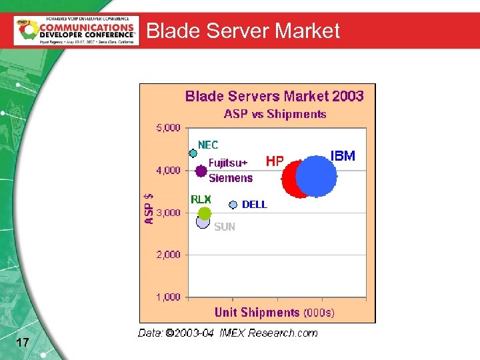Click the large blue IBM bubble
coord(317,176)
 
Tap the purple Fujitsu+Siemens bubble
coord(201,171)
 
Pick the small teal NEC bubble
coord(193,153)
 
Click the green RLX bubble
coord(205,213)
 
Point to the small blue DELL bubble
coord(233,205)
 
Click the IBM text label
coord(343,156)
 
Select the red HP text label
coord(275,161)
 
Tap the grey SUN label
coord(225,227)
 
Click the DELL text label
coord(254,205)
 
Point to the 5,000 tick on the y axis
coord(168,127)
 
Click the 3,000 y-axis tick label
coord(168,213)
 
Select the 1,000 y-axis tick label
coord(168,297)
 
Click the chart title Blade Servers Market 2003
coord(274,96)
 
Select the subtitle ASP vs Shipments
coord(275,114)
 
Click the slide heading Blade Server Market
coord(243,31)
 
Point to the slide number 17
coord(22,343)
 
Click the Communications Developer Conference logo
coord(76,30)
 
